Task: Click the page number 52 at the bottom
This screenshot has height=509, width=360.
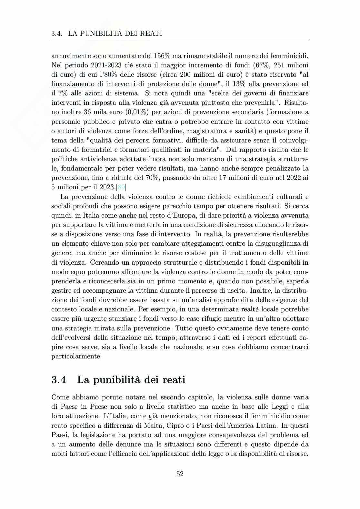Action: (180, 474)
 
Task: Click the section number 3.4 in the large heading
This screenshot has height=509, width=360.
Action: (59, 380)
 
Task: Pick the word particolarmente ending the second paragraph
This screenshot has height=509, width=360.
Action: (76, 356)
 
